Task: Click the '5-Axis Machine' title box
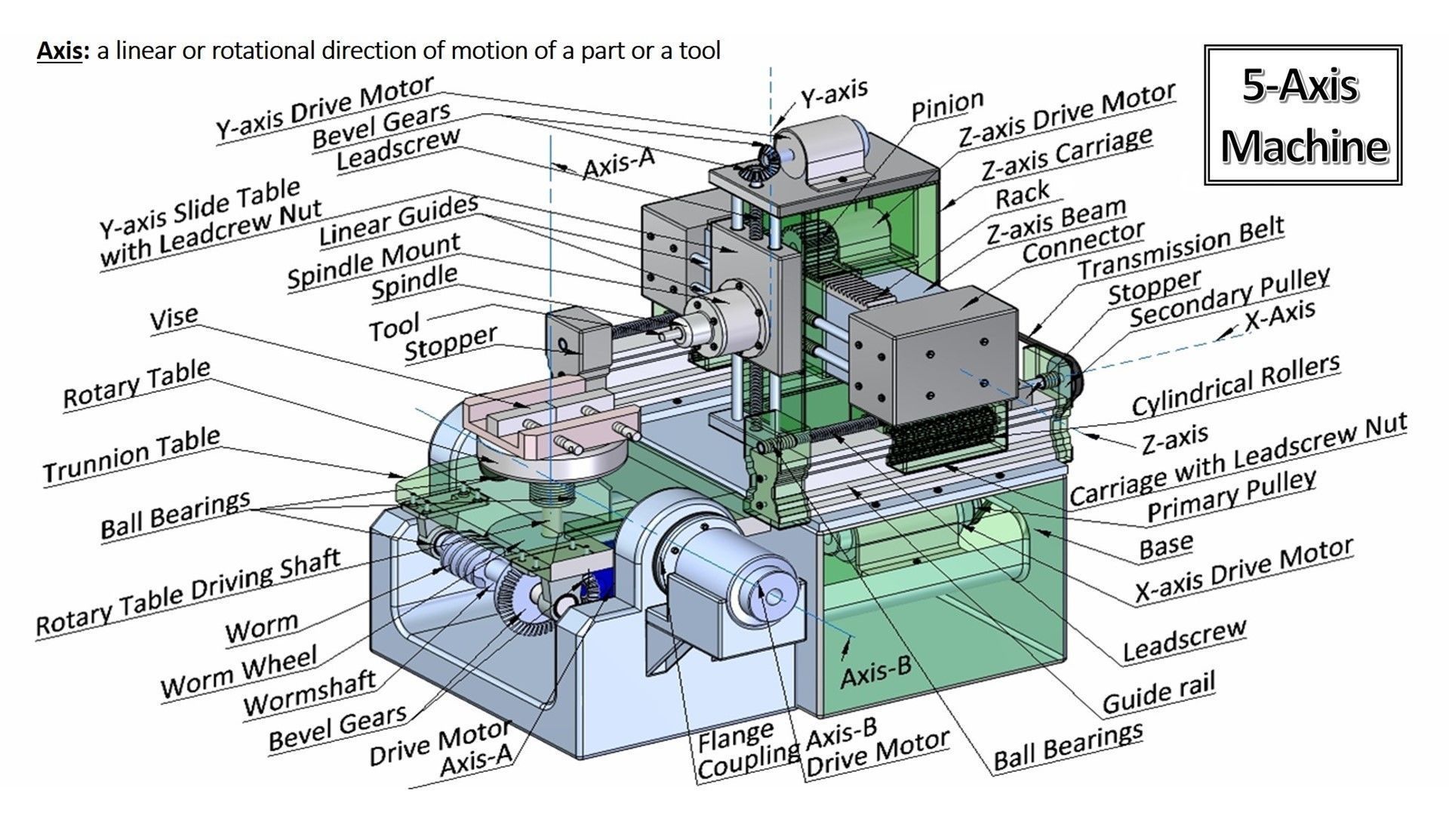coord(1303,115)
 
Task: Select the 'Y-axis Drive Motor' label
coord(325,108)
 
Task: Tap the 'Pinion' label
coord(947,106)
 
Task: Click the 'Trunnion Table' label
coord(131,455)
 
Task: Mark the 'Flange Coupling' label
coord(737,751)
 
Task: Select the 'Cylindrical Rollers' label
coord(1235,385)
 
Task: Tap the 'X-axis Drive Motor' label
coord(1244,570)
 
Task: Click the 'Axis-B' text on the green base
coord(875,671)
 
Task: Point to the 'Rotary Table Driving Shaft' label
coord(189,592)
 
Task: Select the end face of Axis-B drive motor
coord(773,595)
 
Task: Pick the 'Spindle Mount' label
coord(374,261)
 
